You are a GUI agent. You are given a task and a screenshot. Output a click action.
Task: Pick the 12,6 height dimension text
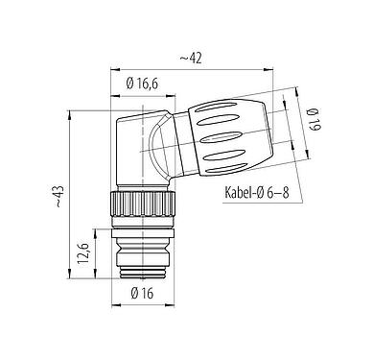pos(82,255)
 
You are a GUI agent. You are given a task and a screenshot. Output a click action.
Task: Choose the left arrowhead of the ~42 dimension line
pos(116,70)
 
